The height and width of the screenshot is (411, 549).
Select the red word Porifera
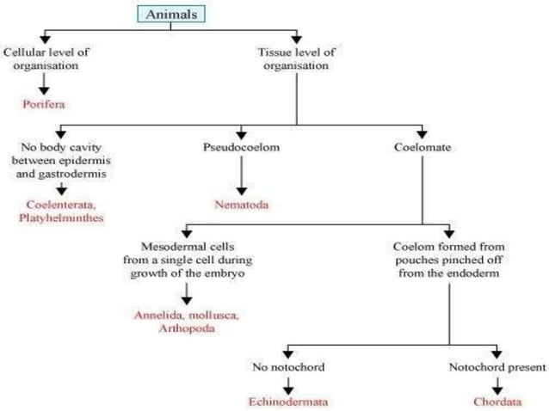pos(45,103)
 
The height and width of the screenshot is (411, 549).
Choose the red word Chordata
pos(496,401)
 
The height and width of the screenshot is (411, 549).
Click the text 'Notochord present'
pos(497,367)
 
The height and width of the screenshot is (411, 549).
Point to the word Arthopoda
pos(186,328)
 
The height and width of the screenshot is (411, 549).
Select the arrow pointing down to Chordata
pos(497,383)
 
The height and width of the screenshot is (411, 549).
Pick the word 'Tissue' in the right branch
pos(275,52)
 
